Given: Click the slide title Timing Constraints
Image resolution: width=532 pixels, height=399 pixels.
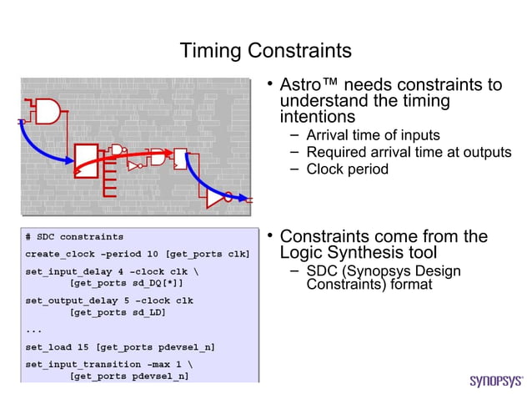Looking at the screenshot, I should click(x=266, y=51).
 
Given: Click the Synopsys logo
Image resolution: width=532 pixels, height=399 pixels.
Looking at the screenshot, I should click(x=495, y=381).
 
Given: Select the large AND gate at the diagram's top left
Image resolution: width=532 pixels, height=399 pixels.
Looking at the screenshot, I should click(x=48, y=111).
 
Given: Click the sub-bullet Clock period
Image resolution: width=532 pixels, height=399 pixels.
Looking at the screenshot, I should click(x=347, y=169).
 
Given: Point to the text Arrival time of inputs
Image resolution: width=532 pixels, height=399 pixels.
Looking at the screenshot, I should click(x=373, y=135).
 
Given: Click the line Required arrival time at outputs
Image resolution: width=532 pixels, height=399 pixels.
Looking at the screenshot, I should click(x=409, y=152).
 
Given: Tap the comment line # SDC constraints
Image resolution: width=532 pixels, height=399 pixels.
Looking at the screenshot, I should click(x=74, y=237).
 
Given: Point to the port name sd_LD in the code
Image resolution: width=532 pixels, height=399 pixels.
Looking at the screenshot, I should click(x=146, y=312).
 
